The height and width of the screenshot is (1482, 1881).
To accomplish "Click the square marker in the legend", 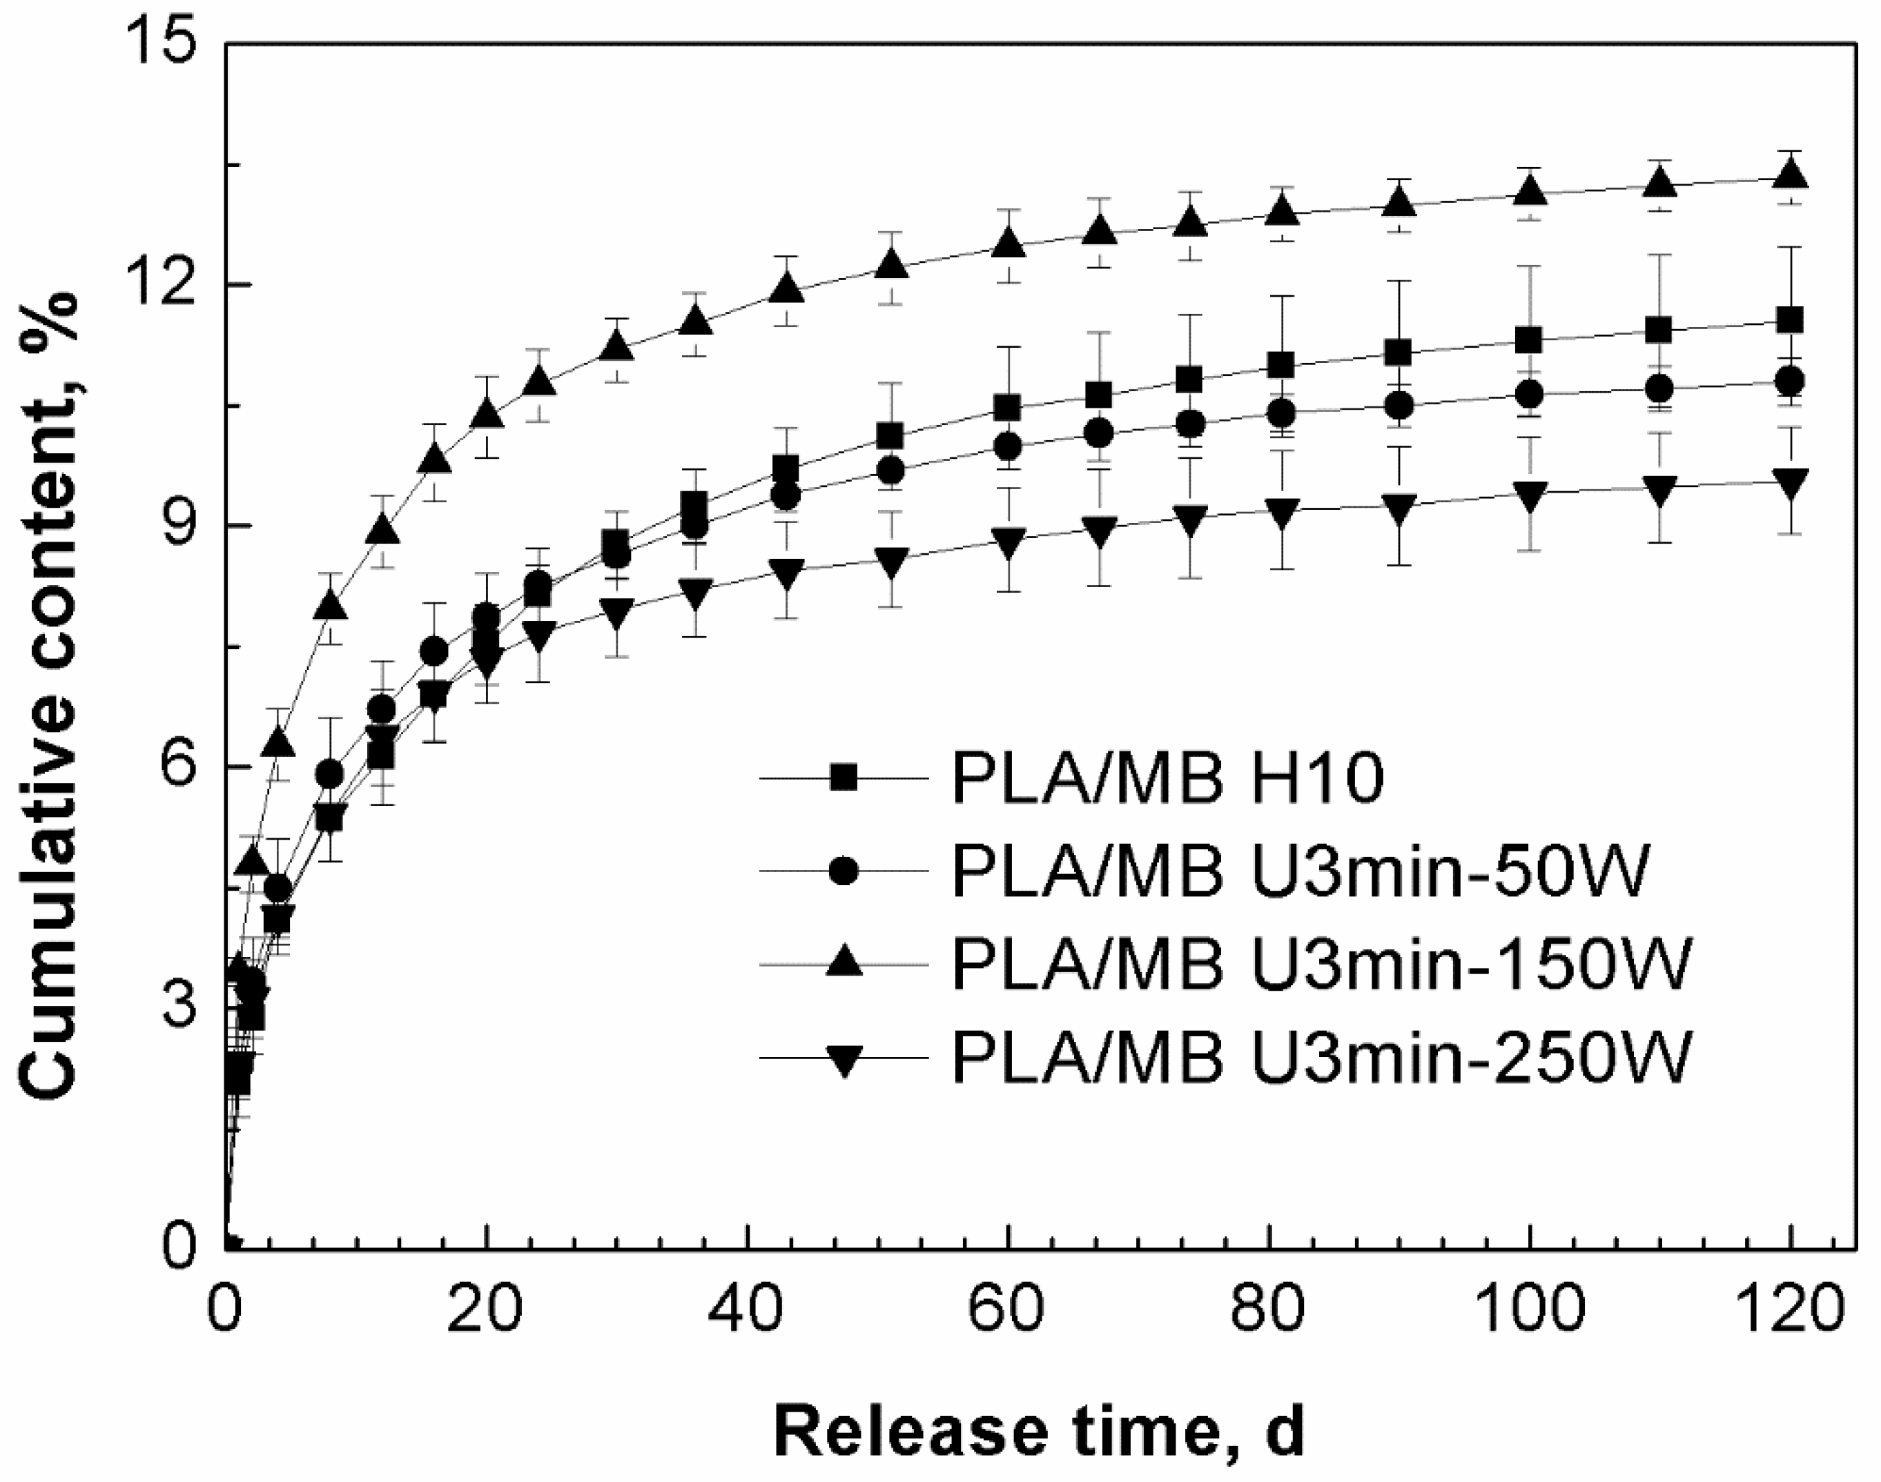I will tap(843, 778).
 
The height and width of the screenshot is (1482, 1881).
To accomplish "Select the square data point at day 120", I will tap(1790, 320).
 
